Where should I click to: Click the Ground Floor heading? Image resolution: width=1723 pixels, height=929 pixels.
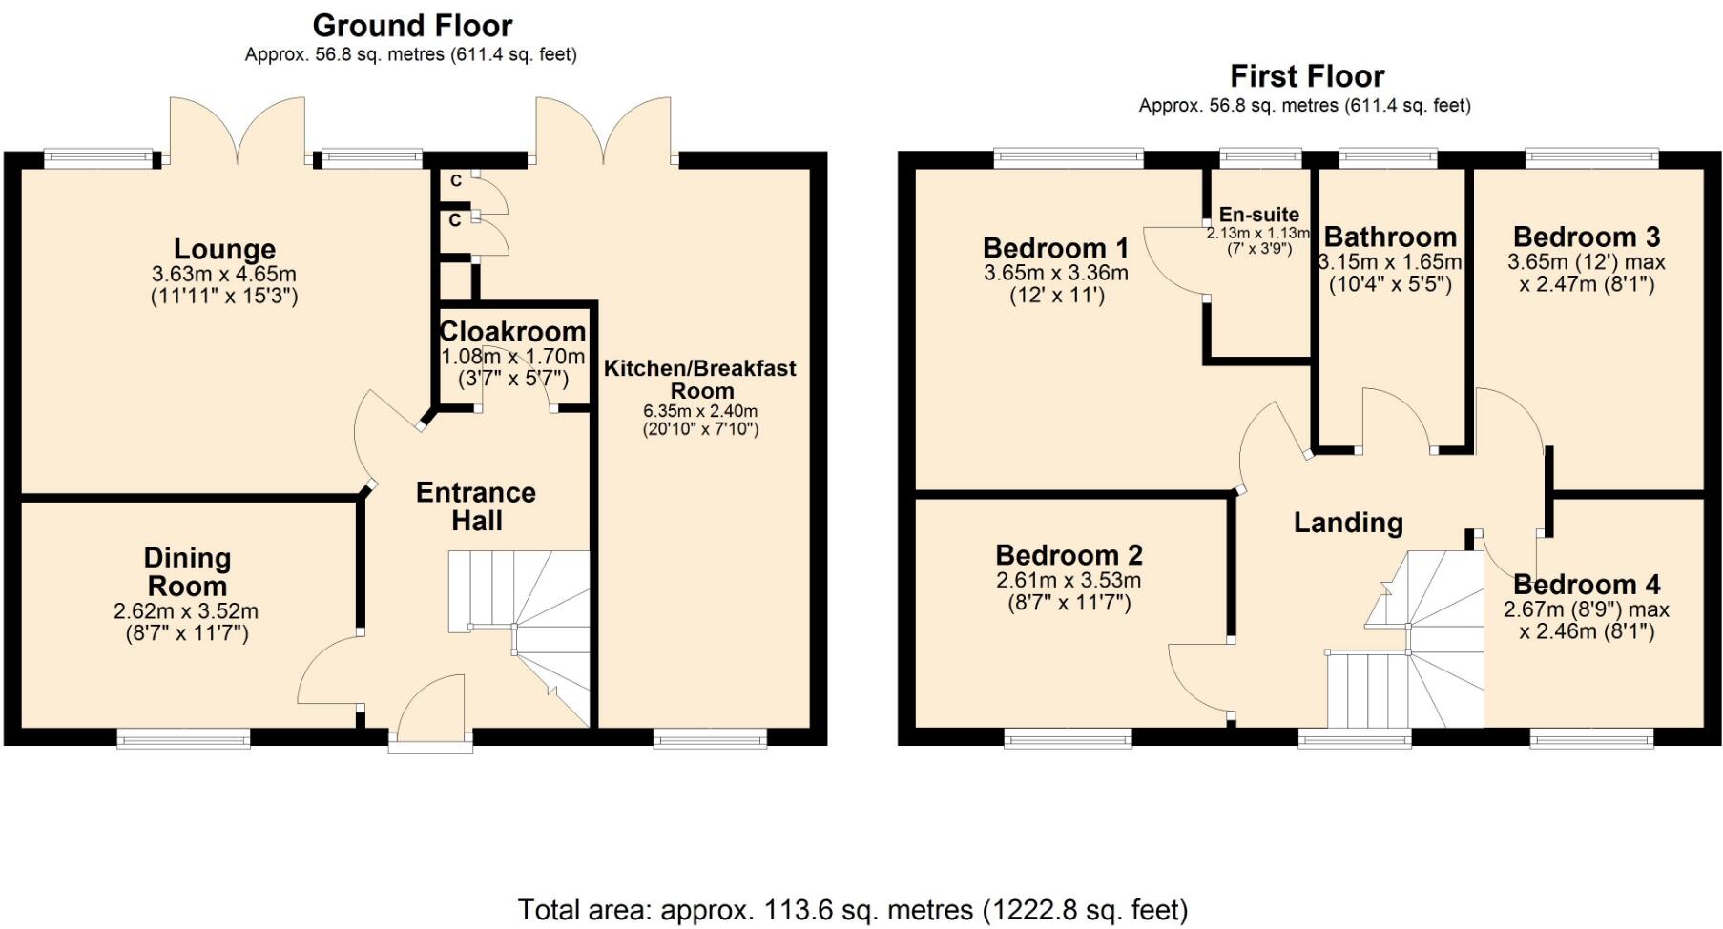pyautogui.click(x=412, y=26)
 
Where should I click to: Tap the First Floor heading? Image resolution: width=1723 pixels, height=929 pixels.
pyautogui.click(x=1306, y=76)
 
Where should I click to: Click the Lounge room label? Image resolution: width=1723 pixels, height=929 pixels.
pyautogui.click(x=224, y=250)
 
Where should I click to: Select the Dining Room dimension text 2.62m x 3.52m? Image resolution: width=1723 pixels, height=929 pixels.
pyautogui.click(x=186, y=611)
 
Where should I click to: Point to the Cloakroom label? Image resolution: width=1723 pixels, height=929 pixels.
pyautogui.click(x=512, y=332)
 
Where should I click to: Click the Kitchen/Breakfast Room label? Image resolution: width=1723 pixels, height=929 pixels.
pyautogui.click(x=700, y=379)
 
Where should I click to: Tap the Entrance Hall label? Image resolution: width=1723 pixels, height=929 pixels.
pyautogui.click(x=476, y=506)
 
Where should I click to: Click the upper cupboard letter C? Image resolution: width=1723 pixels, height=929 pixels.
pyautogui.click(x=456, y=181)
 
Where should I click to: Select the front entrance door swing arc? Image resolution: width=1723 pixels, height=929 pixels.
pyautogui.click(x=429, y=706)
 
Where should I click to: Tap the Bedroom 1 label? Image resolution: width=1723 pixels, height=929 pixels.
pyautogui.click(x=1055, y=248)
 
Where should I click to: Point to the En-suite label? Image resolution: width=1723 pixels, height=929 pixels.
pyautogui.click(x=1258, y=215)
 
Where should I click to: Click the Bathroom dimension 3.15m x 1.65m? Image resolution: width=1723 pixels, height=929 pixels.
pyautogui.click(x=1390, y=262)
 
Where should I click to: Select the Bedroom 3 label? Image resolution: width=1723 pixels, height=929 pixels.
pyautogui.click(x=1586, y=237)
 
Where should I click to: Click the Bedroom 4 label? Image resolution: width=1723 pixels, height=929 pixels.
pyautogui.click(x=1586, y=585)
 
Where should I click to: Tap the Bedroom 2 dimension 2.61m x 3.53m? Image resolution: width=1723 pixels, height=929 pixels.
pyautogui.click(x=1069, y=581)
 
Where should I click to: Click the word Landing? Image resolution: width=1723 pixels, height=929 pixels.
pyautogui.click(x=1347, y=523)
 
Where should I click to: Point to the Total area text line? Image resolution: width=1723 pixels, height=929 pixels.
pyautogui.click(x=853, y=909)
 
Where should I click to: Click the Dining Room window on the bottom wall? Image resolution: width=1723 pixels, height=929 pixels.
pyautogui.click(x=184, y=737)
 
